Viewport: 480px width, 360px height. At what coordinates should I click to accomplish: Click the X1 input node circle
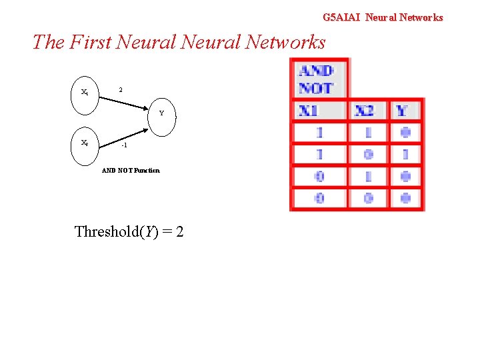(x=85, y=93)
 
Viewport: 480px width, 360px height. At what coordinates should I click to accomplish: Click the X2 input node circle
(x=85, y=143)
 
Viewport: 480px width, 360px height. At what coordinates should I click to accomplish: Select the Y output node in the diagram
(x=161, y=114)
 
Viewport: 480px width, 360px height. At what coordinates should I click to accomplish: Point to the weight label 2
(x=120, y=89)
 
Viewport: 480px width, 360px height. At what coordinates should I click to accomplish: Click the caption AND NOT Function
(x=131, y=171)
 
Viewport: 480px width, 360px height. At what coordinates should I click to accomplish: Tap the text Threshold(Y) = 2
(x=129, y=232)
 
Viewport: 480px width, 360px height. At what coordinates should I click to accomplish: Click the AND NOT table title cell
(x=317, y=79)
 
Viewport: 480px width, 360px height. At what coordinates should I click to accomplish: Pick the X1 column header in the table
(x=318, y=110)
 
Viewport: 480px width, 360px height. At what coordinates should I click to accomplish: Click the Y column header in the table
(x=403, y=110)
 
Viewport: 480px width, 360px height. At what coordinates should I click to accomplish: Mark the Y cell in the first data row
(x=405, y=133)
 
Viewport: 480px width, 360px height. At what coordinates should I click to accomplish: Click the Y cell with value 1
(x=405, y=154)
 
